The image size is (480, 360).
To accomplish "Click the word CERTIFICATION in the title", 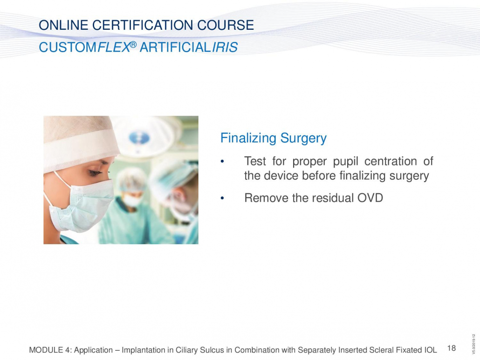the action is pyautogui.click(x=143, y=25).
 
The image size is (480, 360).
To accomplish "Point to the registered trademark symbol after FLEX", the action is pyautogui.click(x=133, y=45).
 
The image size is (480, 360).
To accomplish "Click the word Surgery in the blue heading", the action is pyautogui.click(x=303, y=138).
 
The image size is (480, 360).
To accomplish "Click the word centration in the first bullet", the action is pyautogui.click(x=391, y=161).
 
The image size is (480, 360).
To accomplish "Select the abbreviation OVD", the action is pyautogui.click(x=370, y=198).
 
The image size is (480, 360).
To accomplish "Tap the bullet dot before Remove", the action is pyautogui.click(x=223, y=198).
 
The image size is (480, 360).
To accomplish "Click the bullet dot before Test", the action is pyautogui.click(x=223, y=162).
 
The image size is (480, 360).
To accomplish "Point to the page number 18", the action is pyautogui.click(x=452, y=348).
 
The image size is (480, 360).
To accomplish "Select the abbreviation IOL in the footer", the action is pyautogui.click(x=431, y=350).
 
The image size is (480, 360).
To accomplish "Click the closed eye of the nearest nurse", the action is pyautogui.click(x=96, y=173).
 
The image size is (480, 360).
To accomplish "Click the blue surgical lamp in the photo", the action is pyautogui.click(x=139, y=138).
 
